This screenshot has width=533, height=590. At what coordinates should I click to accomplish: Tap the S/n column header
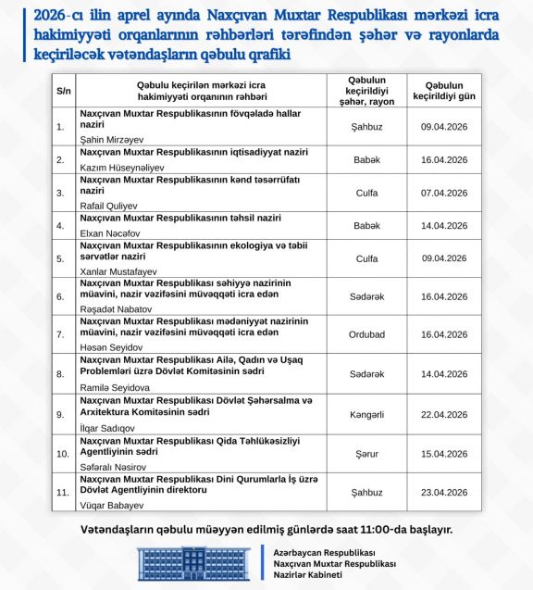click(x=64, y=90)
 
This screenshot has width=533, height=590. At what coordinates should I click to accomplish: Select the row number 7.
click(x=61, y=335)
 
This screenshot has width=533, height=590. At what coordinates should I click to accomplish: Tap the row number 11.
click(x=62, y=493)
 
